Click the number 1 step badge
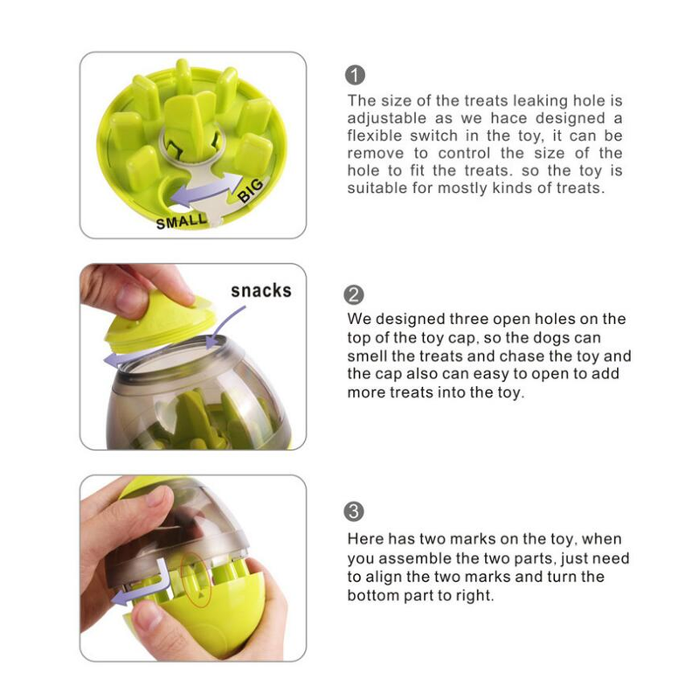tap(355, 75)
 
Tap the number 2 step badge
tap(354, 295)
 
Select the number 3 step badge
tap(354, 511)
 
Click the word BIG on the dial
tap(252, 190)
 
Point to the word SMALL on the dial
tap(182, 221)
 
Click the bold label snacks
tap(260, 291)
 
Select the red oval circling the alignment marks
tap(196, 579)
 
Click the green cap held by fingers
tap(159, 323)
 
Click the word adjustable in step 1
tap(386, 119)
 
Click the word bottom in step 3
tap(373, 596)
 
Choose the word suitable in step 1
tap(377, 188)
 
